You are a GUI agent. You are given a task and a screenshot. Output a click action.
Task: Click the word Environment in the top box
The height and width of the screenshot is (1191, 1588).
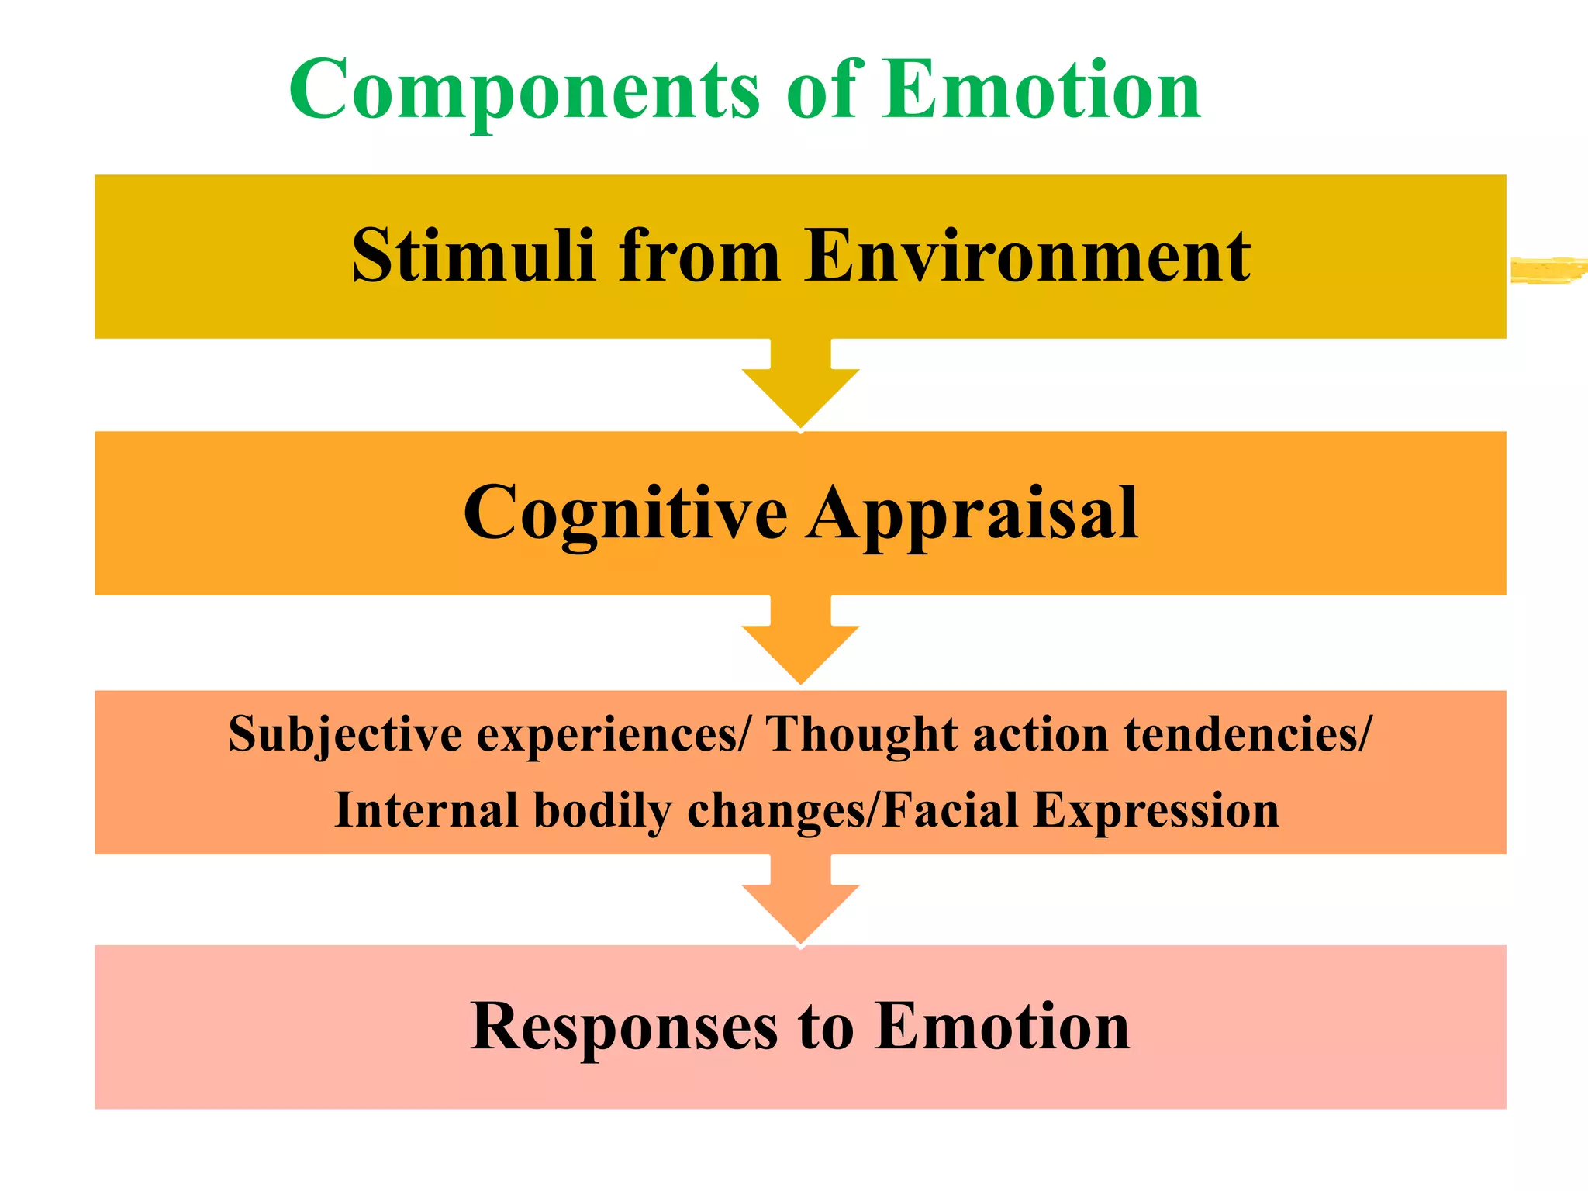coord(1027,256)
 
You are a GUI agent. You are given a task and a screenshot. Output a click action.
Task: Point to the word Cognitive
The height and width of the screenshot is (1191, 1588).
coord(625,514)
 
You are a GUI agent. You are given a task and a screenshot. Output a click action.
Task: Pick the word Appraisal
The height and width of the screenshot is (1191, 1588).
coord(972,514)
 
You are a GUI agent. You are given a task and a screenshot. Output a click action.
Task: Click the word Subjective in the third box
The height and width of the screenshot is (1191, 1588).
coord(345,734)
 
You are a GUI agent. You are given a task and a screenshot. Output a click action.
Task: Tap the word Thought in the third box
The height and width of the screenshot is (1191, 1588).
coord(861,734)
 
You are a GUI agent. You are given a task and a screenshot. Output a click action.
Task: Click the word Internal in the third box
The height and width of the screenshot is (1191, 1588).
coord(426,810)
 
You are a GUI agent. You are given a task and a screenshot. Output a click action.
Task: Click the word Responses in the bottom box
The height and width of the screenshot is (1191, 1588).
coord(624,1027)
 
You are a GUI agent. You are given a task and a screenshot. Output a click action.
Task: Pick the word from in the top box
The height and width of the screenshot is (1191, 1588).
coord(699,256)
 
